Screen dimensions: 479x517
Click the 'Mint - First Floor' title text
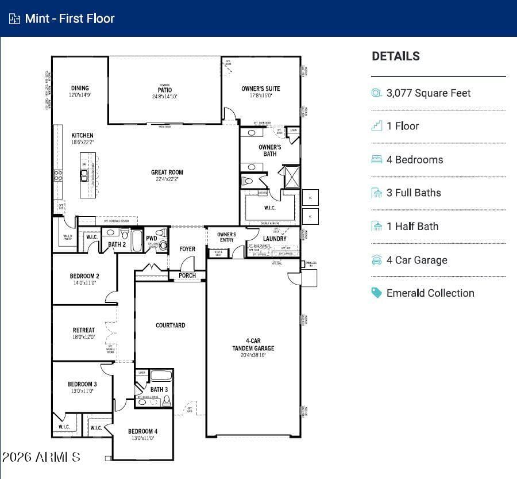[70, 18]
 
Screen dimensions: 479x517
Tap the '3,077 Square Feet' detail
[428, 93]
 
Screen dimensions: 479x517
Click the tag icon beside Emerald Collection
[377, 293]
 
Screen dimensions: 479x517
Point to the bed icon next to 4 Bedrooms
[377, 159]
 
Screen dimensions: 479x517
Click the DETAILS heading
[396, 56]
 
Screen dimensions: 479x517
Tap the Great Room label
[167, 172]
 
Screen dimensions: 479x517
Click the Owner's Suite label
[260, 89]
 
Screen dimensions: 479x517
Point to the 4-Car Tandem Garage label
[253, 344]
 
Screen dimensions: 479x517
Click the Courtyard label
[171, 325]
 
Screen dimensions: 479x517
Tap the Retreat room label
[84, 330]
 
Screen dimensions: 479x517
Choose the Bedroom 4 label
[142, 431]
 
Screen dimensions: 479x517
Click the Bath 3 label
[159, 389]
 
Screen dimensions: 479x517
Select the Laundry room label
[275, 239]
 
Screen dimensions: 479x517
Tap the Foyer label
[187, 249]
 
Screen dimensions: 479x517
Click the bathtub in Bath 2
[137, 240]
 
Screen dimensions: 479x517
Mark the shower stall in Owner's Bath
[292, 177]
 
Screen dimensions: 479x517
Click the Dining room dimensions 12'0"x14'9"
[80, 95]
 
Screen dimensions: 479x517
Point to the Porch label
[187, 275]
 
